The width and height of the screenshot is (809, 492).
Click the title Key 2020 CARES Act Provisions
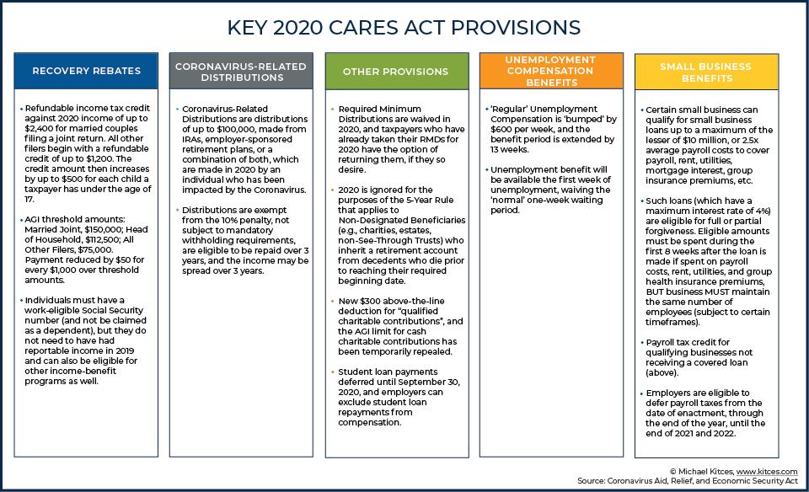pyautogui.click(x=404, y=28)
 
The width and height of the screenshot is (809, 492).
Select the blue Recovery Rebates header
pyautogui.click(x=86, y=71)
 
